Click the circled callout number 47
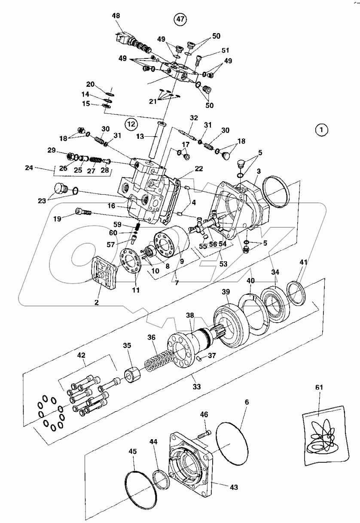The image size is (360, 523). point(180,19)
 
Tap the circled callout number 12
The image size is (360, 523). point(131,124)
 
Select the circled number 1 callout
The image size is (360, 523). point(322,130)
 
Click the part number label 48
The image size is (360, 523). point(116,15)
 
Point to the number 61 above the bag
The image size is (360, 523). point(319,387)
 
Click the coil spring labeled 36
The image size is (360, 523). point(157,360)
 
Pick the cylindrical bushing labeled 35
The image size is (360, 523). point(132,374)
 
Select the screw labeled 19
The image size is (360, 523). point(83,212)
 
